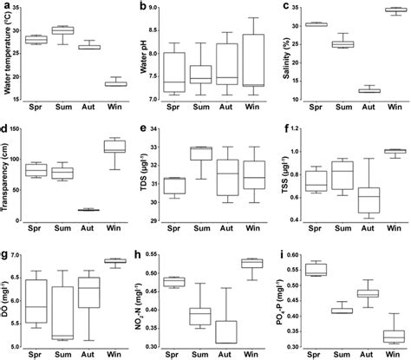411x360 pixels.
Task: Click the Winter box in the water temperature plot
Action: click(x=116, y=83)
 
